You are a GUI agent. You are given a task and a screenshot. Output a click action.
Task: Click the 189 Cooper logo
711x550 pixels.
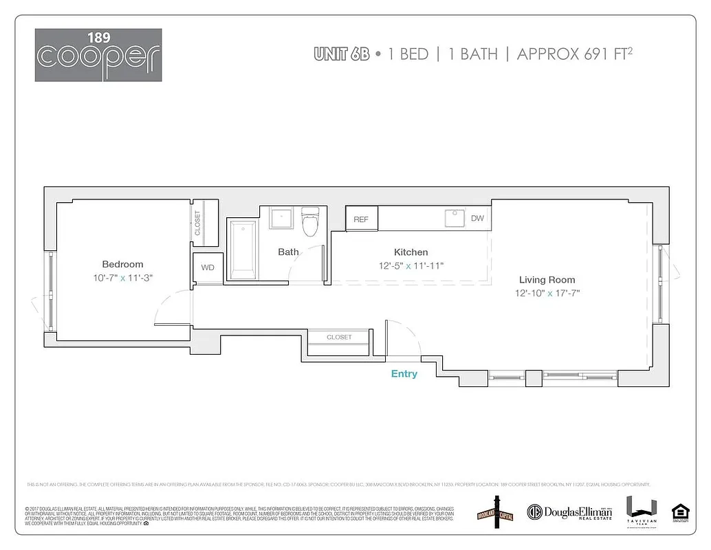pyautogui.click(x=98, y=55)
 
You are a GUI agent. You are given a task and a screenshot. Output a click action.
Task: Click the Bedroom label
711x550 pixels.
pyautogui.click(x=122, y=264)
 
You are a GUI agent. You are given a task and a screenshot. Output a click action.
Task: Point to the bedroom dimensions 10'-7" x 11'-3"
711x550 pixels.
pyautogui.click(x=122, y=278)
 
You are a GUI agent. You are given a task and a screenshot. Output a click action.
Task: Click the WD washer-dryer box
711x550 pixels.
pyautogui.click(x=208, y=267)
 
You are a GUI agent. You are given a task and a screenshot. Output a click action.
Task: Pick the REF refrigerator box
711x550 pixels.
pyautogui.click(x=361, y=219)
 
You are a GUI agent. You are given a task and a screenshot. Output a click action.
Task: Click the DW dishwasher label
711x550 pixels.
pyautogui.click(x=477, y=219)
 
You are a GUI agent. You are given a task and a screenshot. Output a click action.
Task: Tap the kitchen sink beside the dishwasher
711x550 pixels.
pyautogui.click(x=454, y=218)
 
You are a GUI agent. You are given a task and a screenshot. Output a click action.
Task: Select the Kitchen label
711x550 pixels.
pyautogui.click(x=411, y=252)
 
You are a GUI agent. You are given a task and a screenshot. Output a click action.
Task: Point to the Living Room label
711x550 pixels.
pyautogui.click(x=547, y=280)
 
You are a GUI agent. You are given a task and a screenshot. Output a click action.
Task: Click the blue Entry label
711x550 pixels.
pyautogui.click(x=404, y=373)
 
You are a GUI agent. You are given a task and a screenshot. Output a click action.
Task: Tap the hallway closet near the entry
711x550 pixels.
pyautogui.click(x=339, y=338)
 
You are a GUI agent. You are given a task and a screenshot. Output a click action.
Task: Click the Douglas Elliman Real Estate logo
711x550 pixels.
pyautogui.click(x=569, y=512)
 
